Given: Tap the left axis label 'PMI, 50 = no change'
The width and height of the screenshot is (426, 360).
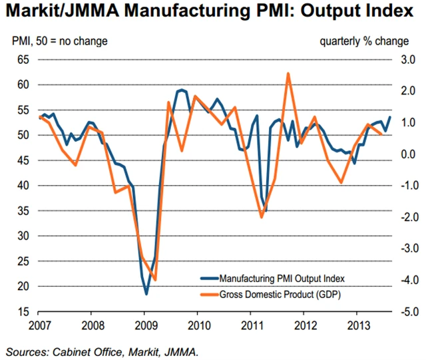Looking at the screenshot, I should [60, 42].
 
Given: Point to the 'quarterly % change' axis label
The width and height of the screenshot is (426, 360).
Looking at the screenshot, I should [364, 42].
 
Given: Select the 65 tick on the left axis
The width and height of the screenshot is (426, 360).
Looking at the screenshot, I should [23, 60].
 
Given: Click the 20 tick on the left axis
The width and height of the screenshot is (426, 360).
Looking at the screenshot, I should [23, 287].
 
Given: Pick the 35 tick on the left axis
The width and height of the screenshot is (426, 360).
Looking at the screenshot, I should [23, 211].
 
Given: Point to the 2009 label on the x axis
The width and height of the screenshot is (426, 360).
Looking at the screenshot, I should [145, 325].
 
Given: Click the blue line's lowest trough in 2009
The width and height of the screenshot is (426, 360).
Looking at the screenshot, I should [146, 293].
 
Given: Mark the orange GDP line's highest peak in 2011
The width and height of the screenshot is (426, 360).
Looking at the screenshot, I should [288, 73].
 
